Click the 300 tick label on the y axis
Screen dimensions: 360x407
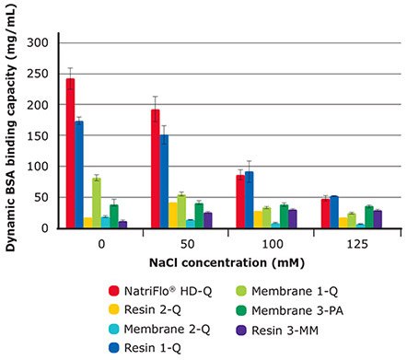pos(36,42)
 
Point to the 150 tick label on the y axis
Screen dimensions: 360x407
pos(36,135)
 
